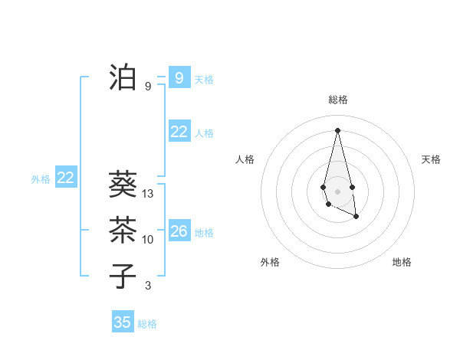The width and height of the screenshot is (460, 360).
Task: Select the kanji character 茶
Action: (123, 229)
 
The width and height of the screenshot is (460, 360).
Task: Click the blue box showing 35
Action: (123, 322)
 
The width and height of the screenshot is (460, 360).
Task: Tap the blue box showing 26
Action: (179, 231)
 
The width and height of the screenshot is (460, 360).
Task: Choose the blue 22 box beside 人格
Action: (179, 132)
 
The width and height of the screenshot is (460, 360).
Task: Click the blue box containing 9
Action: (179, 77)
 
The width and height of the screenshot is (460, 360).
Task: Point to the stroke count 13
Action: (148, 194)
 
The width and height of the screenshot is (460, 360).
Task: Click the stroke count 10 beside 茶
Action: (148, 240)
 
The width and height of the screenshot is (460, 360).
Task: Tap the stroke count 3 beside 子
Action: (148, 286)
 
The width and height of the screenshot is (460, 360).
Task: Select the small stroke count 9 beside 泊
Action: (148, 87)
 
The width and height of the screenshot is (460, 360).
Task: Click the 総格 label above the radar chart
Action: (337, 100)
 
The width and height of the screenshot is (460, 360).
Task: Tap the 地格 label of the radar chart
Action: (402, 262)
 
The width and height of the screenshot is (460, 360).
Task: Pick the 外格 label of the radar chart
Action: (270, 262)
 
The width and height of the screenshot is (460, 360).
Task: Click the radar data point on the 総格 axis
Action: (337, 129)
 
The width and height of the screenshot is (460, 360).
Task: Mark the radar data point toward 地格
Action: (356, 217)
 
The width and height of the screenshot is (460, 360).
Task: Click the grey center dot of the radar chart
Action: (337, 191)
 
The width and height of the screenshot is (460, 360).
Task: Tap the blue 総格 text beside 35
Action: (147, 324)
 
